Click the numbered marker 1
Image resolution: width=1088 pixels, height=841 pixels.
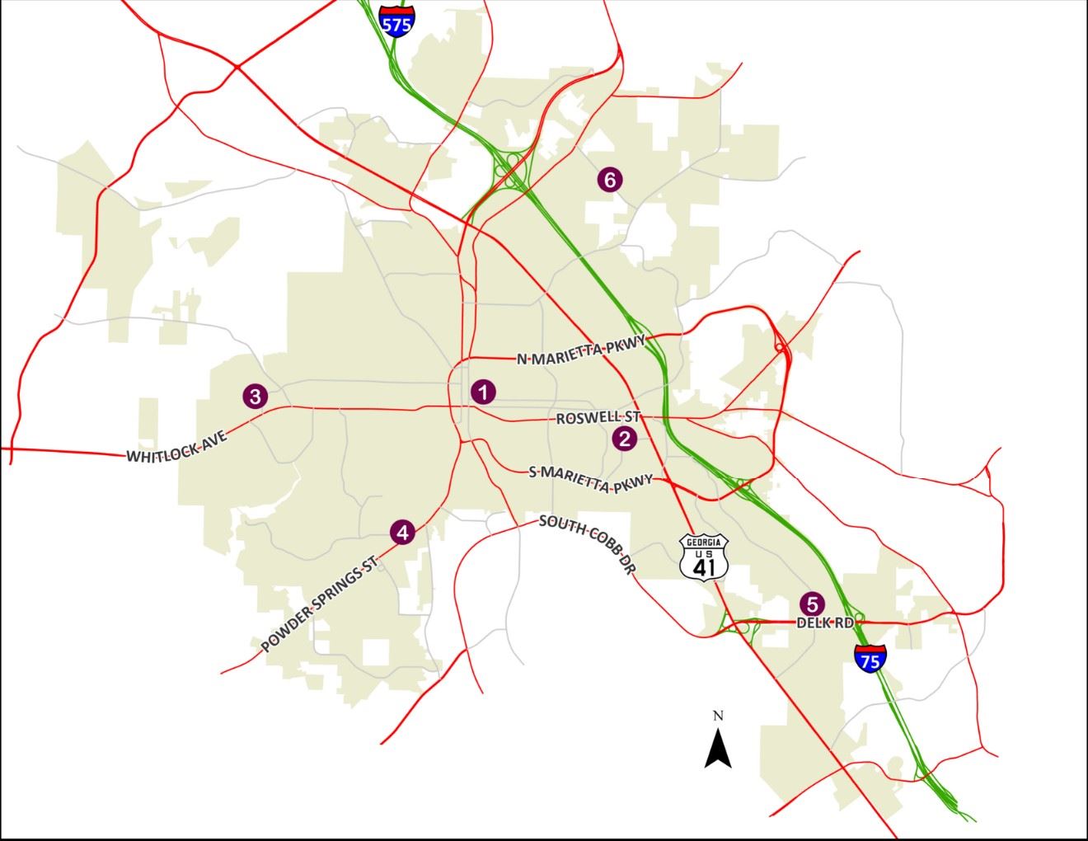pyautogui.click(x=483, y=392)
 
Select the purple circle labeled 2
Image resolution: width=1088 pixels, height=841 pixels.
pyautogui.click(x=625, y=439)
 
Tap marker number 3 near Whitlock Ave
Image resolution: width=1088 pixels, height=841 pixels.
pyautogui.click(x=255, y=396)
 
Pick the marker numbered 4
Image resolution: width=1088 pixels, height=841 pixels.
pyautogui.click(x=402, y=533)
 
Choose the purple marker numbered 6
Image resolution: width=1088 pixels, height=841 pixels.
pyautogui.click(x=609, y=179)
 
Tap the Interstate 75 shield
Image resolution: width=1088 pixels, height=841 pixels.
pyautogui.click(x=869, y=657)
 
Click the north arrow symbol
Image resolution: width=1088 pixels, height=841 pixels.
pyautogui.click(x=718, y=749)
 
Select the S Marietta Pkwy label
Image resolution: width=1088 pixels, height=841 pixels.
pyautogui.click(x=590, y=479)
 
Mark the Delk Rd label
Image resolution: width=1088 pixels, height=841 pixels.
pyautogui.click(x=825, y=623)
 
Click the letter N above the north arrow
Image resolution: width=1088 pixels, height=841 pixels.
pyautogui.click(x=718, y=716)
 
